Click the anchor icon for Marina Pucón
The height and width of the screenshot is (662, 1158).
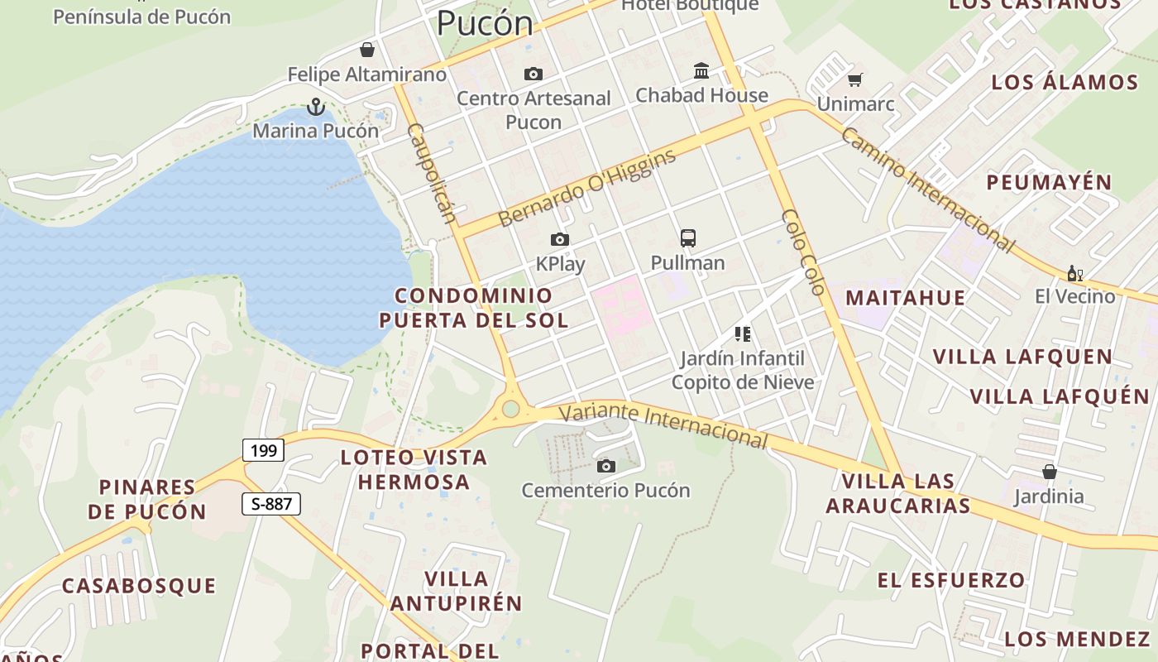point(315,107)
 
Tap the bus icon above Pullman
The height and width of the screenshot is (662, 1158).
point(687,238)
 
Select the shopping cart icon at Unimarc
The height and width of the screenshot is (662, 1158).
point(854,80)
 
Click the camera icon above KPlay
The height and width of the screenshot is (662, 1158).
point(560,240)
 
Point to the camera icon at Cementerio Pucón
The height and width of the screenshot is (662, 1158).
point(606,467)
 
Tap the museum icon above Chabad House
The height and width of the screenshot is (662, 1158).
point(701,70)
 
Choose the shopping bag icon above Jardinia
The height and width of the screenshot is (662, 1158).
point(1049,472)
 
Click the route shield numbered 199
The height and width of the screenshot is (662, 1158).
point(264,450)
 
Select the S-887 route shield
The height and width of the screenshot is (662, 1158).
point(271,503)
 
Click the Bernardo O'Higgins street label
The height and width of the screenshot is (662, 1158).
point(587,188)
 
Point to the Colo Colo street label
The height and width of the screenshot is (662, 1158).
point(803,252)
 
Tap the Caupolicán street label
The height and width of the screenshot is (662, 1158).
point(432,174)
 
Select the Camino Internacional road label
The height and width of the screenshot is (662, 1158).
point(927,189)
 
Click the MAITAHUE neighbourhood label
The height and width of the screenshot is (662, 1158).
point(905,298)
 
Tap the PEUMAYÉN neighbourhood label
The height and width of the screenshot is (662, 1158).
point(1049,182)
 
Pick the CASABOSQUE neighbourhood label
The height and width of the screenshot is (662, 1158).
point(139,586)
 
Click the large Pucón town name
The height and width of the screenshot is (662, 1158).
point(485,22)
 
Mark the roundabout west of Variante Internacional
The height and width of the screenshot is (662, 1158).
point(510,408)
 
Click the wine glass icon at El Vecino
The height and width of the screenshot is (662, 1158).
point(1074,273)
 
